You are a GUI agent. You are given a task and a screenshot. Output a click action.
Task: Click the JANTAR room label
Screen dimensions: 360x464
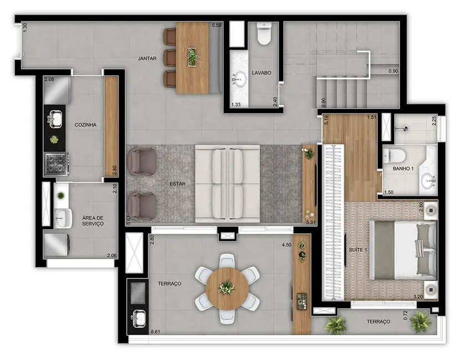(147, 58)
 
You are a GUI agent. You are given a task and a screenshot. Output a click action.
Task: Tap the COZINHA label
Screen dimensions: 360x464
(85, 125)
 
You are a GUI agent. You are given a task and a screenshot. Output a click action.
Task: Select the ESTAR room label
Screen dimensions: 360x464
(178, 182)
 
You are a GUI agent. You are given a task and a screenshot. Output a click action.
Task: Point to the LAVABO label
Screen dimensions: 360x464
(261, 73)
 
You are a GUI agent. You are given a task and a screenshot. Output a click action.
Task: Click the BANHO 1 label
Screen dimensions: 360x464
(404, 168)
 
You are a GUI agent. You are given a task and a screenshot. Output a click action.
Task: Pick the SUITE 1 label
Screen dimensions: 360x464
(358, 250)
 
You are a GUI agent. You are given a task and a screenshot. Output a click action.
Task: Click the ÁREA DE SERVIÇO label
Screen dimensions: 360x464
(93, 221)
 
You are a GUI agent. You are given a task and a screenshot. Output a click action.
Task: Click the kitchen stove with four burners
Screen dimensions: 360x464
(56, 163)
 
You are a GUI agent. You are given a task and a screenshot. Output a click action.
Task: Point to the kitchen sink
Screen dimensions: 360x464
(55, 117)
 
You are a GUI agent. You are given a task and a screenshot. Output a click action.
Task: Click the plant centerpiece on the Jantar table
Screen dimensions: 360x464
(192, 56)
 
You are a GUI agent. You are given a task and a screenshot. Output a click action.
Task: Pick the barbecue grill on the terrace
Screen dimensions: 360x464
(138, 292)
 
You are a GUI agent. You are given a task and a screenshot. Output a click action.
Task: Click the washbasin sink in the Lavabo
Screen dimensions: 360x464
(240, 79)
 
